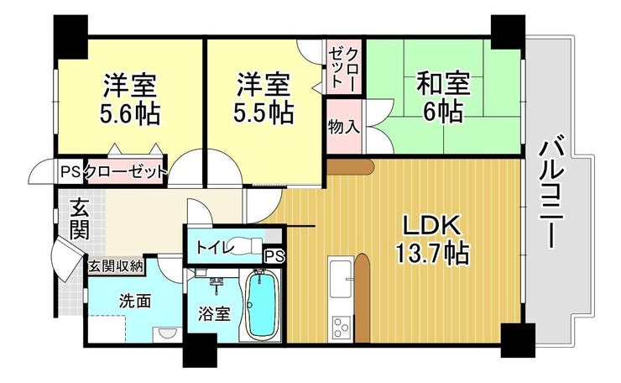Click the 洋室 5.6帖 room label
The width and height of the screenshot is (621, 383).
tap(130, 99)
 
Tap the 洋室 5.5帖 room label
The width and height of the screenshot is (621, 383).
tap(264, 98)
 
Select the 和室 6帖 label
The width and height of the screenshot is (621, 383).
tap(443, 97)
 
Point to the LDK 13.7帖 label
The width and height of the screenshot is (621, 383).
tap(432, 239)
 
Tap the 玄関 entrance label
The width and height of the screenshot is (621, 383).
tap(80, 220)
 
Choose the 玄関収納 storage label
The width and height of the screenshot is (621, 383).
tap(115, 266)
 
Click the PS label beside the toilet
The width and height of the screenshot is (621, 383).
tap(274, 256)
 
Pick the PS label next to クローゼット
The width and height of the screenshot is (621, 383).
tap(70, 172)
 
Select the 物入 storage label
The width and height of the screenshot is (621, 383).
tap(344, 128)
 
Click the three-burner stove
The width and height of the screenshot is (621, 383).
tap(342, 327)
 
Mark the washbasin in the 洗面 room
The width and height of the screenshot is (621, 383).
tap(168, 333)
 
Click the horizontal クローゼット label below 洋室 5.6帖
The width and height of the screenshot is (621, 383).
tap(125, 172)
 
